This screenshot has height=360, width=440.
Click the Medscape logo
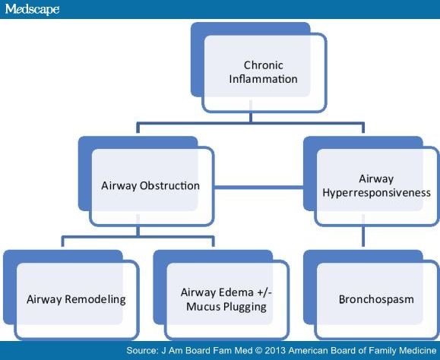pos(32,9)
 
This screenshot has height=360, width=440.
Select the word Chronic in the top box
pos(263,65)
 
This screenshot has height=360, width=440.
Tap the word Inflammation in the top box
pos(263,79)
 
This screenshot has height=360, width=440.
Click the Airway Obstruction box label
pos(150,185)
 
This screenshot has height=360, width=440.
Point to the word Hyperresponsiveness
pos(376,193)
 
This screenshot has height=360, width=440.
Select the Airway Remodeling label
pos(76,299)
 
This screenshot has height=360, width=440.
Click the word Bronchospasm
pos(376,299)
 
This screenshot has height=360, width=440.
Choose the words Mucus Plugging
pos(226,307)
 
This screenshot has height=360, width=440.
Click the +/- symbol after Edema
pos(264,292)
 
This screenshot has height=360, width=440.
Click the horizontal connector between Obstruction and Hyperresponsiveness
pos(258,187)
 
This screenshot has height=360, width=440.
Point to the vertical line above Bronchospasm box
pos(363,236)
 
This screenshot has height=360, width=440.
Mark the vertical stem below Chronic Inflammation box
pos(251,118)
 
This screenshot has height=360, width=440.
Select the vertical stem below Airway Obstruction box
pos(138,231)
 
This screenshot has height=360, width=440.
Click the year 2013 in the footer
pos(275,350)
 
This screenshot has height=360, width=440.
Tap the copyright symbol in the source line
pos(258,350)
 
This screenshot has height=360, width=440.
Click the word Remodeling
pos(95,299)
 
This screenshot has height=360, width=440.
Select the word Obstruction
pos(169,185)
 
